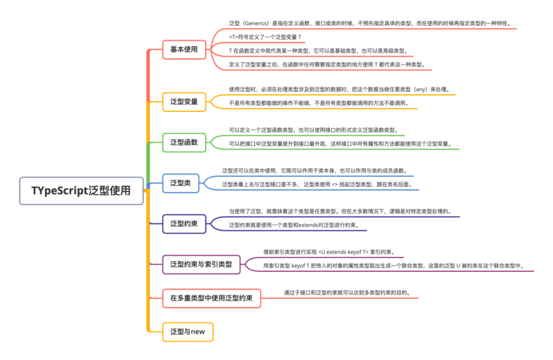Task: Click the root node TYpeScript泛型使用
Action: tap(81, 191)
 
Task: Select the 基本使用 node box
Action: tap(184, 50)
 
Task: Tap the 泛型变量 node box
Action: tap(184, 101)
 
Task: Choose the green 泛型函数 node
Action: tap(184, 142)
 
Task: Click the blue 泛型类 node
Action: tap(180, 183)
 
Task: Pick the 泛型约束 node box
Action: tap(184, 224)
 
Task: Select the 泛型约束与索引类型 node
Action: tap(201, 265)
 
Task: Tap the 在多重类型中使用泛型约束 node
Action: tap(211, 298)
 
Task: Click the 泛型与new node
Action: tap(187, 332)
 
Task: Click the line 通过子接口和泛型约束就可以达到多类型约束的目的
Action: tap(348, 293)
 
